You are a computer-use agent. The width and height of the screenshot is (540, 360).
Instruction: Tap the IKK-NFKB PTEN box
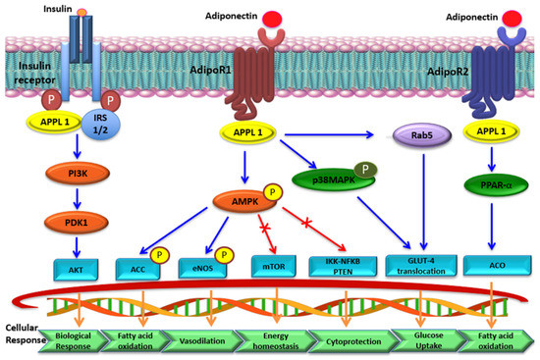tap(339, 266)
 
